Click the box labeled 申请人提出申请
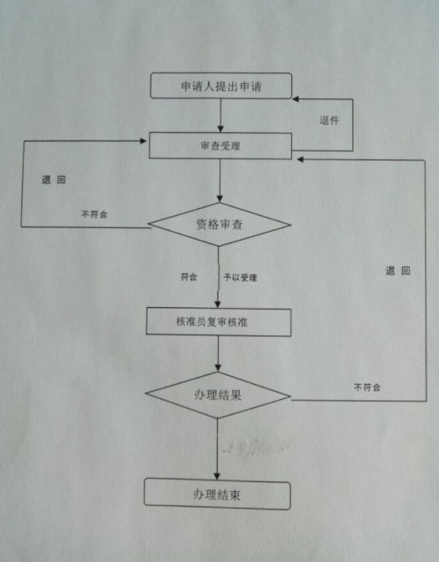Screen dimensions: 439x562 click(x=221, y=85)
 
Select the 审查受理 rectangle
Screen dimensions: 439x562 click(x=220, y=145)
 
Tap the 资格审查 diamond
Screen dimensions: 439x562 click(x=219, y=224)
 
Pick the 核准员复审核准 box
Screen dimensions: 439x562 click(x=219, y=322)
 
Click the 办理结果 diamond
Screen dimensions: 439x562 click(x=218, y=395)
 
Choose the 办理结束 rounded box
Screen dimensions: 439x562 click(x=217, y=495)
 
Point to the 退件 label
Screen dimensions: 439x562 click(x=329, y=120)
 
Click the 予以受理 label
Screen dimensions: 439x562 click(x=240, y=277)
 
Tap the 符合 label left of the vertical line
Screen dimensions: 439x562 click(x=189, y=277)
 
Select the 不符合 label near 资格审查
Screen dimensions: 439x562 click(x=94, y=214)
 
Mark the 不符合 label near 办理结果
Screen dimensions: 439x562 click(x=367, y=387)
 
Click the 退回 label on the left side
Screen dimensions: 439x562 click(x=54, y=179)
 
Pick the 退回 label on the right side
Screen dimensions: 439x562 click(x=398, y=270)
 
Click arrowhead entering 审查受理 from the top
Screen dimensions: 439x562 click(x=220, y=129)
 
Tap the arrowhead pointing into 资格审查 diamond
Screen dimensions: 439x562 click(x=219, y=199)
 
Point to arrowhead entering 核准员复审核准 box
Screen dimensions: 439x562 click(x=218, y=305)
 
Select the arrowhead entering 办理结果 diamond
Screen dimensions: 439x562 click(x=218, y=368)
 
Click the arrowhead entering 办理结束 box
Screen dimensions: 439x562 click(x=216, y=476)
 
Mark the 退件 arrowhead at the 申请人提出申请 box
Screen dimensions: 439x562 click(x=295, y=99)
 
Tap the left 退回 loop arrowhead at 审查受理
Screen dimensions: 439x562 click(x=144, y=141)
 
